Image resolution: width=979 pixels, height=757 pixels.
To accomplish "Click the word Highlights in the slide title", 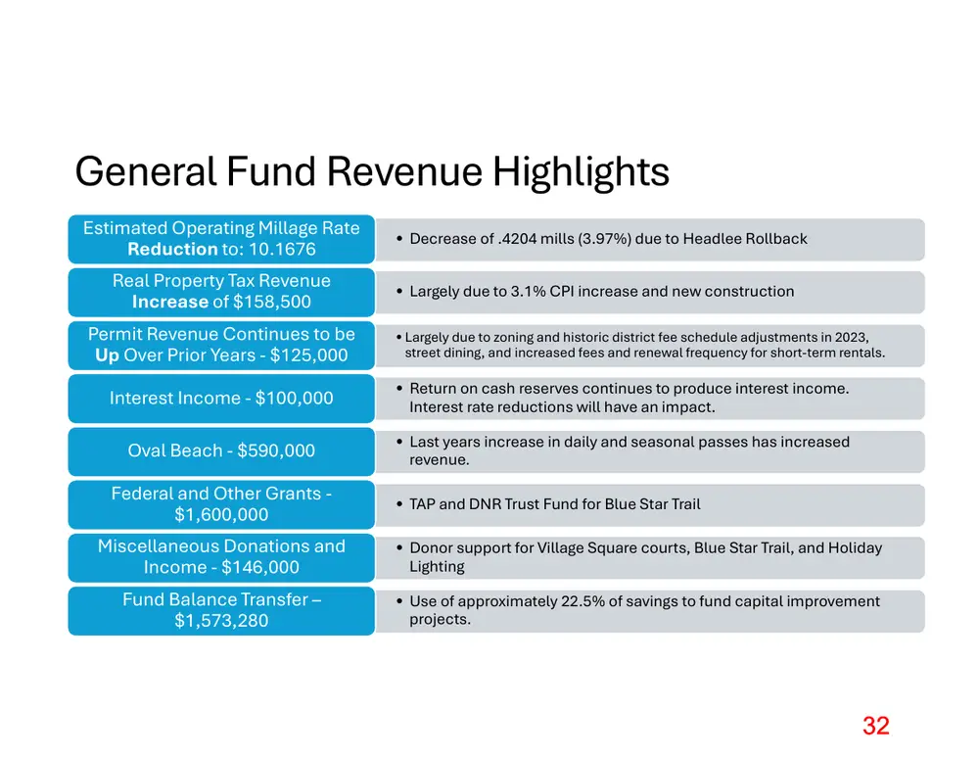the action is [x=581, y=171].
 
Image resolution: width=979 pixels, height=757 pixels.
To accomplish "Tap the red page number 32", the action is [x=876, y=726].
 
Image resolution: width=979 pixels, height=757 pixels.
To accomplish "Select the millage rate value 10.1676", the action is [x=282, y=249].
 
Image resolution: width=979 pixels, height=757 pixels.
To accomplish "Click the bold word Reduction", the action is [x=172, y=249].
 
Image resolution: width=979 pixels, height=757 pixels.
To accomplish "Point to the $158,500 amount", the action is [x=271, y=302].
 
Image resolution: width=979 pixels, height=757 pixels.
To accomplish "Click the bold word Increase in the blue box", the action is [x=169, y=302].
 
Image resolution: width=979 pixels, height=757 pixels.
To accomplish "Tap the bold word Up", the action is [x=107, y=355].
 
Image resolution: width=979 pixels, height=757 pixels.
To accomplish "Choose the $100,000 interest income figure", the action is [x=294, y=398].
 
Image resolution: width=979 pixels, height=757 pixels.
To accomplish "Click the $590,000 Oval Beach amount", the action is [x=276, y=450].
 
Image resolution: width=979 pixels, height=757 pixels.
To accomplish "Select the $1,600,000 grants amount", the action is [x=221, y=515].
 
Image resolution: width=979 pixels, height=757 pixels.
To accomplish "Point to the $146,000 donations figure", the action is [x=260, y=567].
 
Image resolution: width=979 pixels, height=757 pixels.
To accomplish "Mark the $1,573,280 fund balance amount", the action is [x=221, y=621].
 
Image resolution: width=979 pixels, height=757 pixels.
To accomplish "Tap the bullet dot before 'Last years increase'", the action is [x=399, y=442].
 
